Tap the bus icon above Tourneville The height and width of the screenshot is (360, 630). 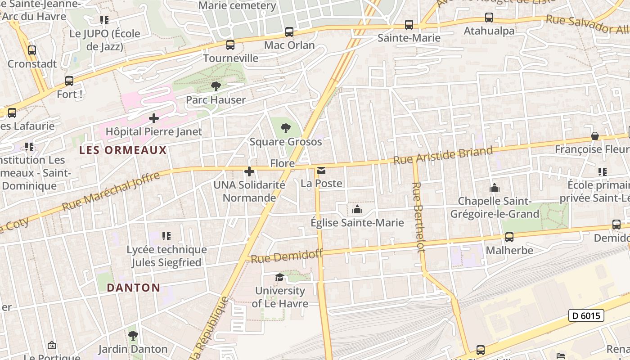click(x=230, y=45)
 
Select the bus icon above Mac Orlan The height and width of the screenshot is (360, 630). click(x=289, y=32)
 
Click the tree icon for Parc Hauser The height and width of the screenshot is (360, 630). click(x=216, y=86)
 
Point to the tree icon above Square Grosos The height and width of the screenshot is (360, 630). click(x=285, y=128)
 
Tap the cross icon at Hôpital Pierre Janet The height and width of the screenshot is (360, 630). click(x=154, y=118)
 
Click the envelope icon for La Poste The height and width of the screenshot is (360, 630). click(x=321, y=170)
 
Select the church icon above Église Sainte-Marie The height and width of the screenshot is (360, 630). click(x=357, y=209)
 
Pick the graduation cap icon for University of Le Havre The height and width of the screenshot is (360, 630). click(x=279, y=277)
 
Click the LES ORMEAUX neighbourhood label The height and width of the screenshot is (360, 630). click(x=123, y=150)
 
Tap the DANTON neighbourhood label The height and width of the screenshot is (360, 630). click(x=133, y=288)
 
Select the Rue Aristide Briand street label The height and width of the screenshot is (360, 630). click(x=443, y=155)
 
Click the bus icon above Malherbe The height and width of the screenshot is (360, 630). click(x=509, y=237)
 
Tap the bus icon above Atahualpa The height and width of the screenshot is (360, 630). click(x=489, y=18)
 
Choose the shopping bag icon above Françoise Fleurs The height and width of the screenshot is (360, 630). click(x=594, y=136)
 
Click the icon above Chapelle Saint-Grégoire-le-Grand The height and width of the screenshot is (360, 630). click(x=495, y=187)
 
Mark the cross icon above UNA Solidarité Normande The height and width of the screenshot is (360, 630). click(x=249, y=171)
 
